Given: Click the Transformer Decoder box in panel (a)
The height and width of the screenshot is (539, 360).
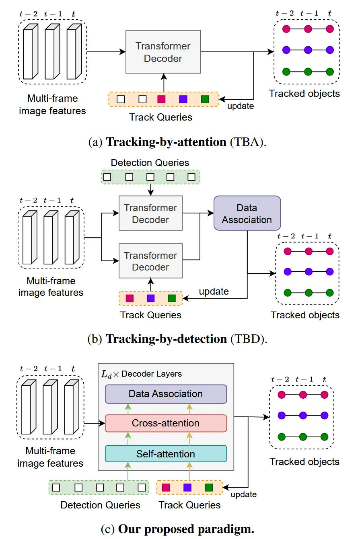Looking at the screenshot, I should (x=163, y=52).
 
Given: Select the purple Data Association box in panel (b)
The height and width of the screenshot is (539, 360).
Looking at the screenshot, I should (x=247, y=213).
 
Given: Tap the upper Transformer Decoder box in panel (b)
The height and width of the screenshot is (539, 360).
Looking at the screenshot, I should (x=150, y=213).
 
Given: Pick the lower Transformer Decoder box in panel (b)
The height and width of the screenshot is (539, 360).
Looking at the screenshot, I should (x=150, y=261).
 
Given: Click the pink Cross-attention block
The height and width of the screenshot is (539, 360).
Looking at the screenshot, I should (x=166, y=423).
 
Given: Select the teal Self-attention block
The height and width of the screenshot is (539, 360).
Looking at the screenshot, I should (x=166, y=454).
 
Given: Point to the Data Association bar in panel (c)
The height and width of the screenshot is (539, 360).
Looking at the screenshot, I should (x=166, y=393).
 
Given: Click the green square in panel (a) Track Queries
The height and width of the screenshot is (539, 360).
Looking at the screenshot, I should (x=205, y=99).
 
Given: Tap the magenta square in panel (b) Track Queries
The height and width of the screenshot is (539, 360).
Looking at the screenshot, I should (x=129, y=298).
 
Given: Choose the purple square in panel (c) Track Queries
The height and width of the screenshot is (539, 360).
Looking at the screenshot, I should (x=187, y=488).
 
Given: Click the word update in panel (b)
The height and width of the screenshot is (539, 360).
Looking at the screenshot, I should (x=214, y=291).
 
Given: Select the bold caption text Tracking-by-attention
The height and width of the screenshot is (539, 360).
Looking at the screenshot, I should (x=166, y=142).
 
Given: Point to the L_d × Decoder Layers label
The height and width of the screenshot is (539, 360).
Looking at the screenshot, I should (x=142, y=374).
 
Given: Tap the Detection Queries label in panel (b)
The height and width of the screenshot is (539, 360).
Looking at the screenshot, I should (x=150, y=163).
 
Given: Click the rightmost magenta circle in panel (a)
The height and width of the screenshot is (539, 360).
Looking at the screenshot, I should (x=330, y=29).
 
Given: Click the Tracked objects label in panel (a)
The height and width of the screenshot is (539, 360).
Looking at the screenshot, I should (x=304, y=94).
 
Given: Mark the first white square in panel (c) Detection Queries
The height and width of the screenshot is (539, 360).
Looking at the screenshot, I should (x=56, y=488).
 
